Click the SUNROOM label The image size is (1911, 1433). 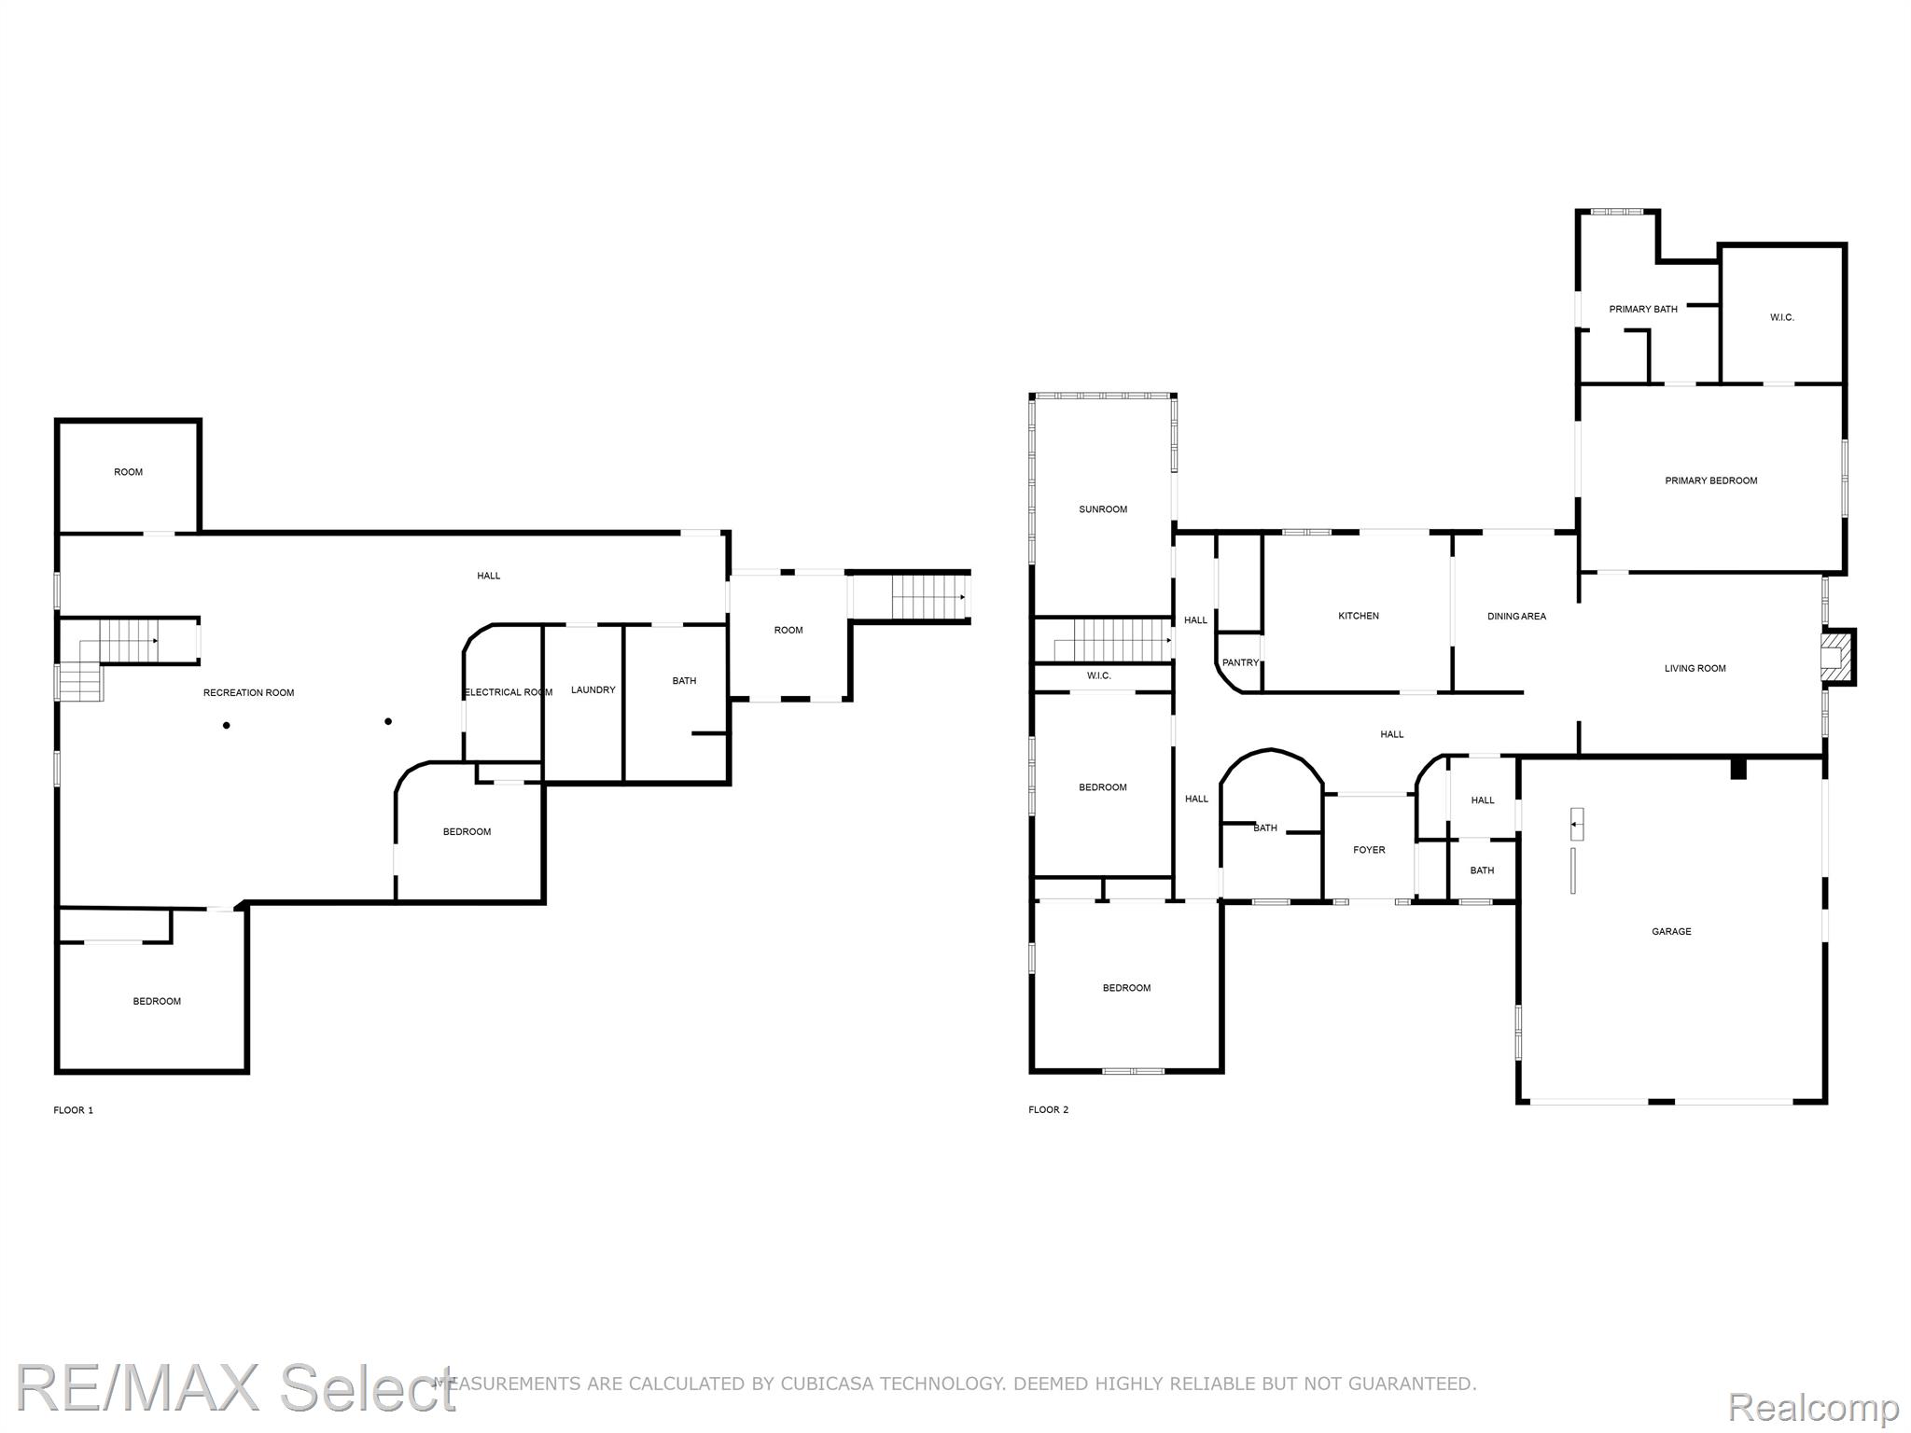tap(1103, 509)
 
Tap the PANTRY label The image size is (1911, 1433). tap(1240, 662)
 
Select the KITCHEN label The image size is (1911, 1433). tap(1359, 616)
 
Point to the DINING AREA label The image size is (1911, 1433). tap(1516, 616)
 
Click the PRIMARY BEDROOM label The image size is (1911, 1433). tap(1711, 480)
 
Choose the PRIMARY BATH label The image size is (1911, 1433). tap(1643, 309)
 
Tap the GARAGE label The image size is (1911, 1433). tap(1671, 931)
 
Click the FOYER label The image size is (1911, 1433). tap(1369, 850)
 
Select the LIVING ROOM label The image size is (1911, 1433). tap(1695, 668)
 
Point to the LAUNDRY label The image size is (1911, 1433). tap(593, 689)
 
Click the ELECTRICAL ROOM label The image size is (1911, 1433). tap(509, 692)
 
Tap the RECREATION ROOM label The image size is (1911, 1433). tap(248, 692)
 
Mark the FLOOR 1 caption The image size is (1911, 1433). tap(74, 1110)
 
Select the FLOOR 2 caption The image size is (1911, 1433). tap(1049, 1109)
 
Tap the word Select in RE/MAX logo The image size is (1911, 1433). tap(369, 1387)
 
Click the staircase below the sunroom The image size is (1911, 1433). tap(1112, 641)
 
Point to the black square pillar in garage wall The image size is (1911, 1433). tap(1738, 769)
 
